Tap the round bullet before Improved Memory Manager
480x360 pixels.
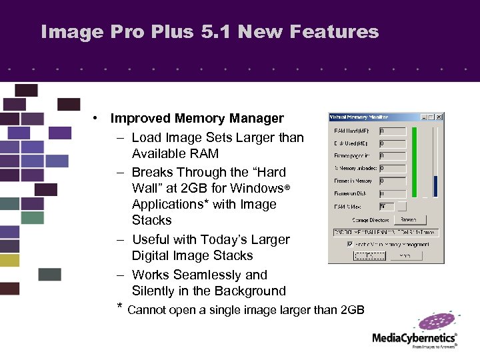pyautogui.click(x=97, y=119)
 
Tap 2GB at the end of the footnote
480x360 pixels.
pyautogui.click(x=352, y=309)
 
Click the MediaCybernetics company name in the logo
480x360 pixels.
pyautogui.click(x=413, y=337)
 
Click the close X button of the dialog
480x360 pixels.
pyautogui.click(x=439, y=117)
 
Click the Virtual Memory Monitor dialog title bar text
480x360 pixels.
pyautogui.click(x=360, y=117)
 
